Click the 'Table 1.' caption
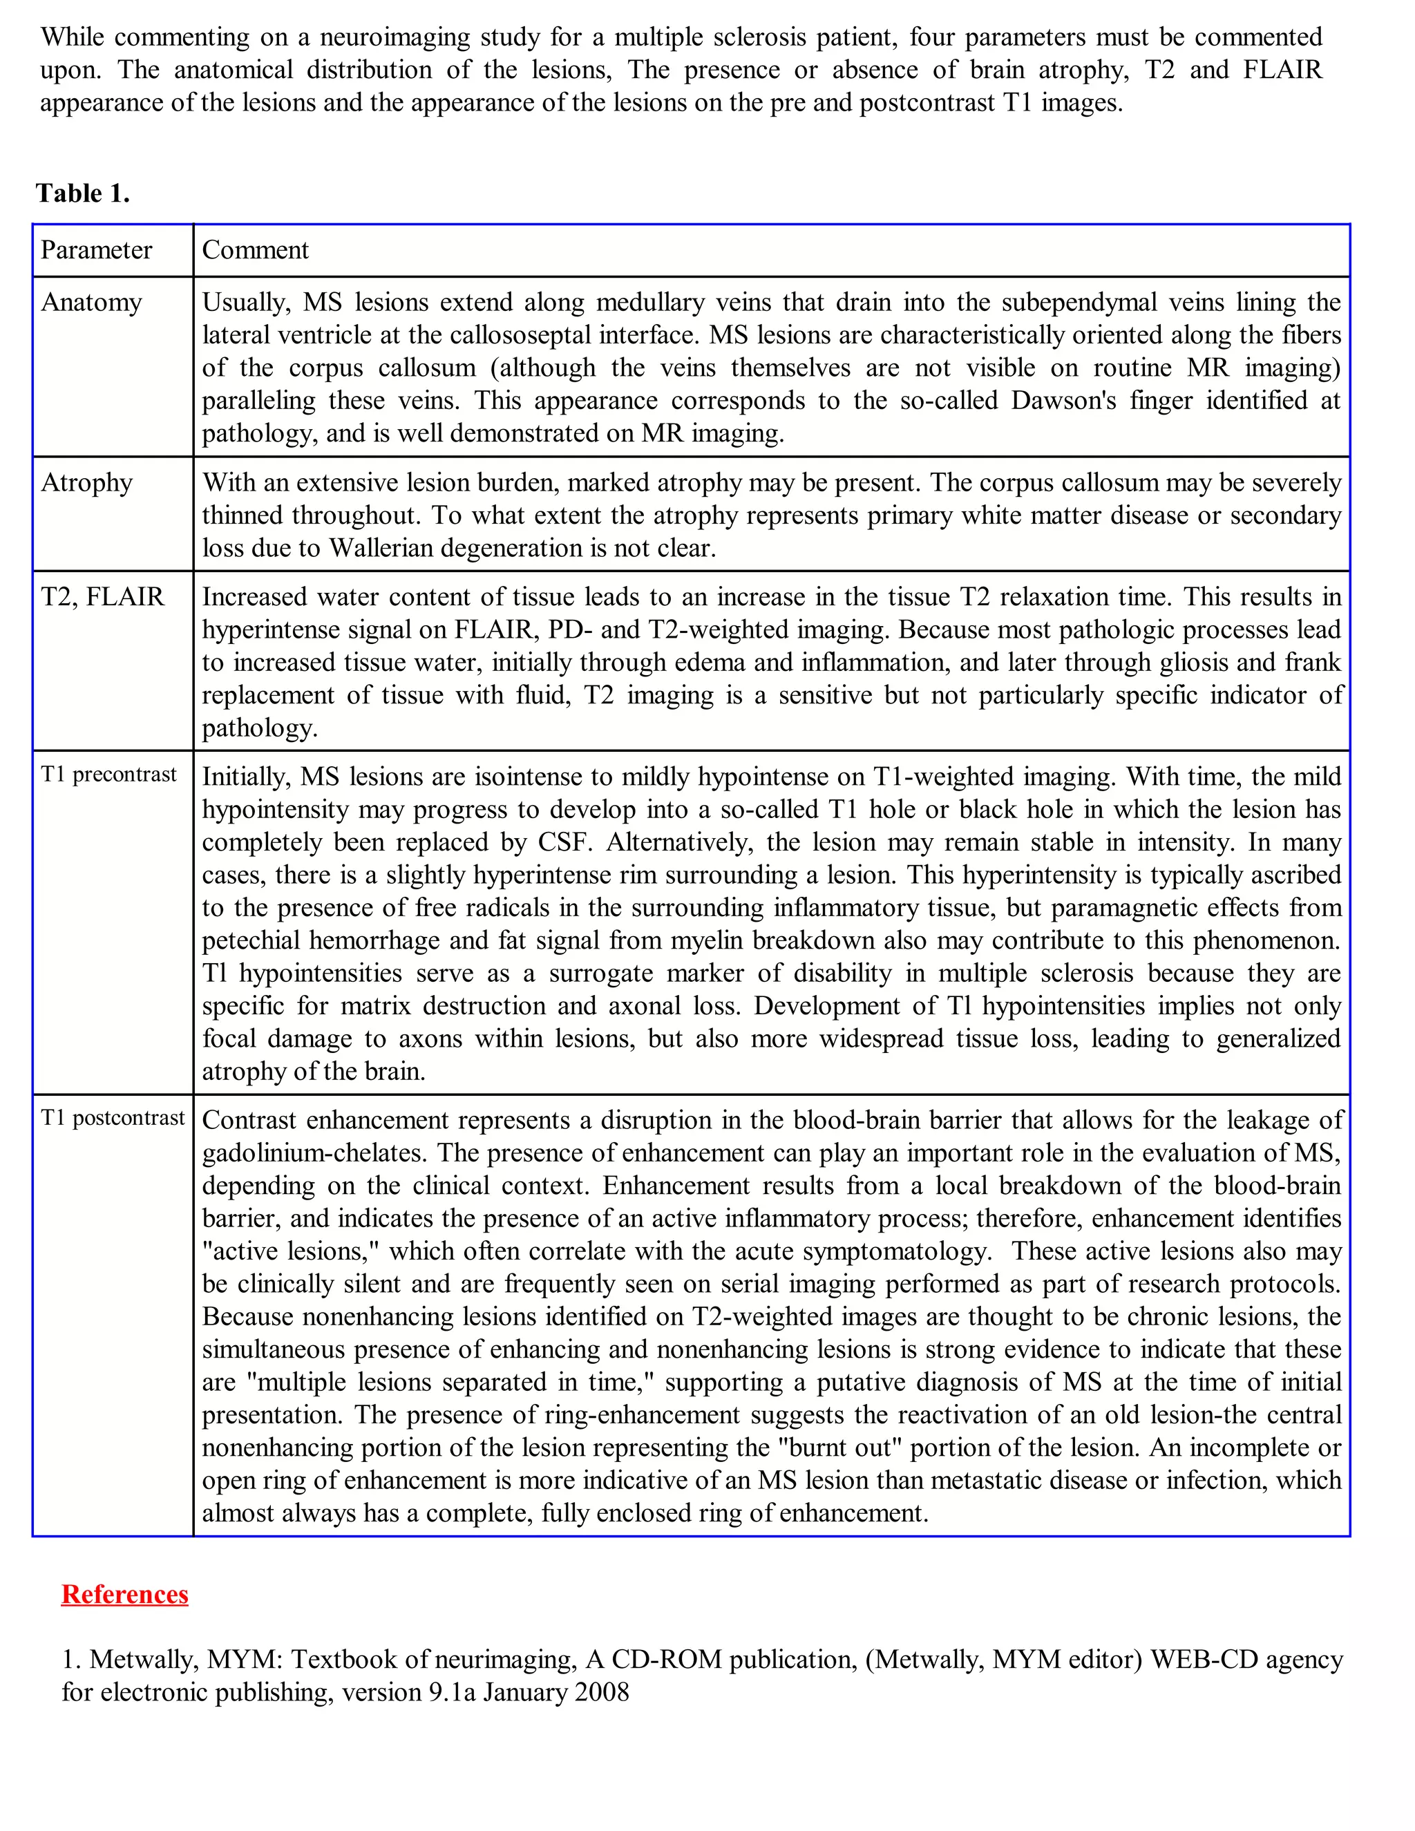(x=82, y=193)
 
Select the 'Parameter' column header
(x=97, y=250)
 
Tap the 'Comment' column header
(x=256, y=250)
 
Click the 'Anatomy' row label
(x=91, y=303)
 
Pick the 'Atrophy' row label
(x=87, y=483)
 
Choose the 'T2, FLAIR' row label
(x=102, y=597)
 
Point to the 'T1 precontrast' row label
(x=109, y=775)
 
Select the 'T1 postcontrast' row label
(x=113, y=1119)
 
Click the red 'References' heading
(x=125, y=1594)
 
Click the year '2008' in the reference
(x=601, y=1692)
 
